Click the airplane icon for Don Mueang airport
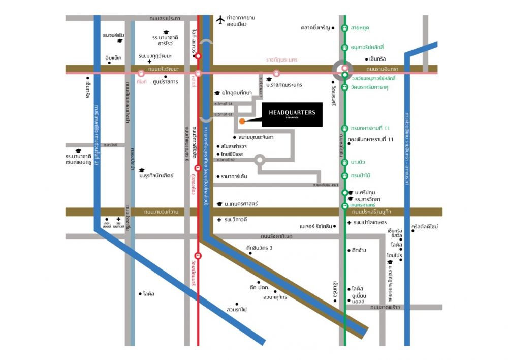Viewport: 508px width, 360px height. point(220,20)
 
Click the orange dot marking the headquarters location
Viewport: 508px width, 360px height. point(242,121)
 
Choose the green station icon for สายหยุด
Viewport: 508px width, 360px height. point(345,28)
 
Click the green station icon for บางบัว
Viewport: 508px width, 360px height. point(345,162)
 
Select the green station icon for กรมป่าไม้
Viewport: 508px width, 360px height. point(345,175)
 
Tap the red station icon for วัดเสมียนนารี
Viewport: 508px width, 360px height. point(198,255)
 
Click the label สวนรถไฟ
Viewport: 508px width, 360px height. point(237,309)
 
